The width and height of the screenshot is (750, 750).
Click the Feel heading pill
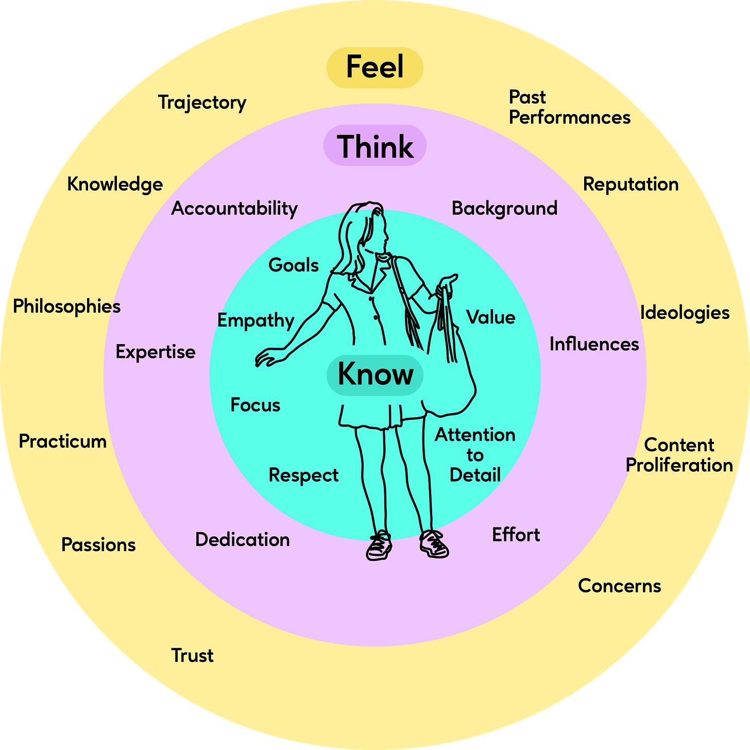point(375,67)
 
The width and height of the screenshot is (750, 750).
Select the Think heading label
point(375,146)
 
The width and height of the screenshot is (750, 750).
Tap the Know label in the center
point(375,374)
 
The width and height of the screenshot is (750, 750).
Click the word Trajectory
point(202,103)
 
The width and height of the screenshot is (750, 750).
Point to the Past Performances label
point(569,107)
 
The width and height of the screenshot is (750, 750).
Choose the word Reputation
point(630,184)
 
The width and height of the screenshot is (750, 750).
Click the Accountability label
point(234,209)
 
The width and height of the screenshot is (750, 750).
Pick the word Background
point(504,208)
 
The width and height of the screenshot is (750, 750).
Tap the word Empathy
point(255,320)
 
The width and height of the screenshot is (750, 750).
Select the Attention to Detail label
point(475,455)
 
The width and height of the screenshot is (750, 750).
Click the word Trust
point(192,655)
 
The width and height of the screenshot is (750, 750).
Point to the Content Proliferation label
point(679,455)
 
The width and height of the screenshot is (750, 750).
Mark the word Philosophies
point(66,306)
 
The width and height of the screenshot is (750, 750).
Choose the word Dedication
point(242,539)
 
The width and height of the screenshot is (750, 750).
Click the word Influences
point(594,344)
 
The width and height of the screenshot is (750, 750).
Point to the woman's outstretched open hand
point(269,356)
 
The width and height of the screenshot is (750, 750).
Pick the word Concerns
point(619,586)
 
